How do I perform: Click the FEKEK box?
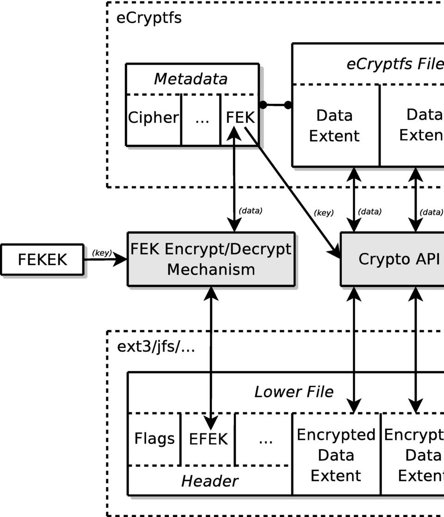click(42, 260)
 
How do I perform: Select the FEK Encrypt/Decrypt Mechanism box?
click(211, 259)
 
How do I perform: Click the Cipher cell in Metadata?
click(153, 118)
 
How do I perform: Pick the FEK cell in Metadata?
click(240, 118)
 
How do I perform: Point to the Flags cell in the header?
click(154, 438)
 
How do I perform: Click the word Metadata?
click(191, 79)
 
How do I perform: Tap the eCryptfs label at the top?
click(149, 18)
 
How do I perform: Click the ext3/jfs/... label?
click(156, 347)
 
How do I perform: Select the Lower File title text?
click(294, 392)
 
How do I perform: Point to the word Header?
click(210, 481)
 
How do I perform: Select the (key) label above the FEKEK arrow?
click(102, 253)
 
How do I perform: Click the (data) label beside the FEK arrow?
click(250, 211)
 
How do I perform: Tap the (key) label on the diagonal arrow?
click(323, 213)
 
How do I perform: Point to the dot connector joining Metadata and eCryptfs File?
click(275, 105)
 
